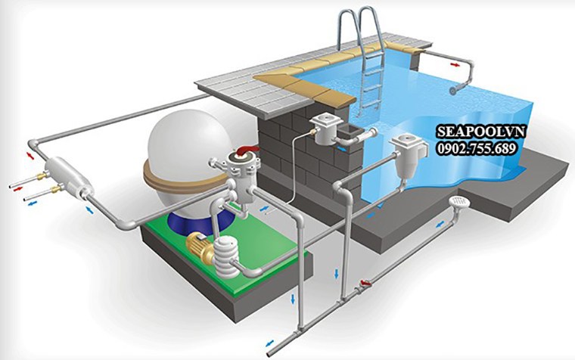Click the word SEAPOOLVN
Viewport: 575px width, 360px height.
click(x=480, y=132)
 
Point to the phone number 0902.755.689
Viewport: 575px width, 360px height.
click(x=477, y=148)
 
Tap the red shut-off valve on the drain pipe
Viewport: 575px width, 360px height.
click(x=365, y=283)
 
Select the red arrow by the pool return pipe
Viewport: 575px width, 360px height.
click(x=455, y=65)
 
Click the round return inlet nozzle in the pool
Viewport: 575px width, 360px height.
click(x=455, y=91)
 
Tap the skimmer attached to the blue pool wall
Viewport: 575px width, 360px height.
click(x=407, y=155)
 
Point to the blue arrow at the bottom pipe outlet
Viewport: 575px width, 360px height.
click(x=269, y=343)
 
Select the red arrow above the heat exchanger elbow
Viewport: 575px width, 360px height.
click(x=30, y=156)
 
